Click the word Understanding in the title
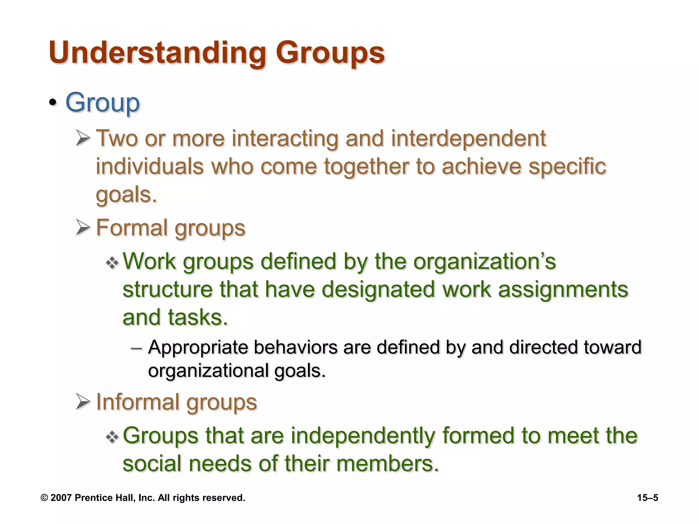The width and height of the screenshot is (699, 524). [157, 53]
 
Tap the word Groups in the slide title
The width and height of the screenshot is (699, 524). [330, 53]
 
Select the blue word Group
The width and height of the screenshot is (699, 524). [102, 103]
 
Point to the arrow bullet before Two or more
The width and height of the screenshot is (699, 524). [83, 139]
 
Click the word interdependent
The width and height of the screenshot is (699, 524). [468, 139]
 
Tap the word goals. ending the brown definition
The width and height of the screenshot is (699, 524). [126, 194]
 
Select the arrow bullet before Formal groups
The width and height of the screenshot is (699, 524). [83, 228]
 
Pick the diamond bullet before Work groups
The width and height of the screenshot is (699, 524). [112, 263]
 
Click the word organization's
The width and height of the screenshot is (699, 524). [484, 262]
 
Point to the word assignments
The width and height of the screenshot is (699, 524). [563, 289]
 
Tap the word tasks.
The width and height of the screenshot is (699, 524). [198, 317]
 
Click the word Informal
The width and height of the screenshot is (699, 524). [137, 402]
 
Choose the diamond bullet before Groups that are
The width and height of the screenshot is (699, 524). [112, 437]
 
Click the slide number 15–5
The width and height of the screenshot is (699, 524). [647, 498]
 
